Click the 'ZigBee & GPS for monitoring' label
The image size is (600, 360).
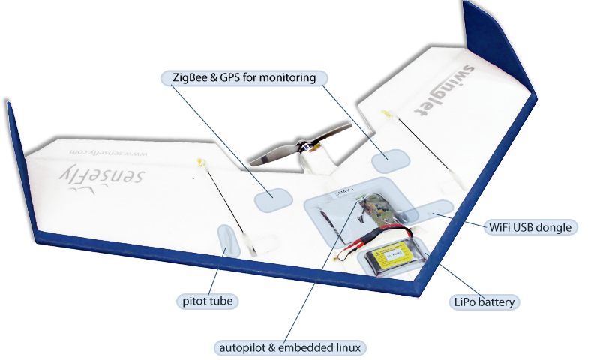[x=244, y=78]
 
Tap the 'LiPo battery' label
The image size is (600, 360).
[x=485, y=303]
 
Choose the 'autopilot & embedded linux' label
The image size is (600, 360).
[x=289, y=347]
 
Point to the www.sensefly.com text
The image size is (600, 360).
[x=110, y=152]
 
